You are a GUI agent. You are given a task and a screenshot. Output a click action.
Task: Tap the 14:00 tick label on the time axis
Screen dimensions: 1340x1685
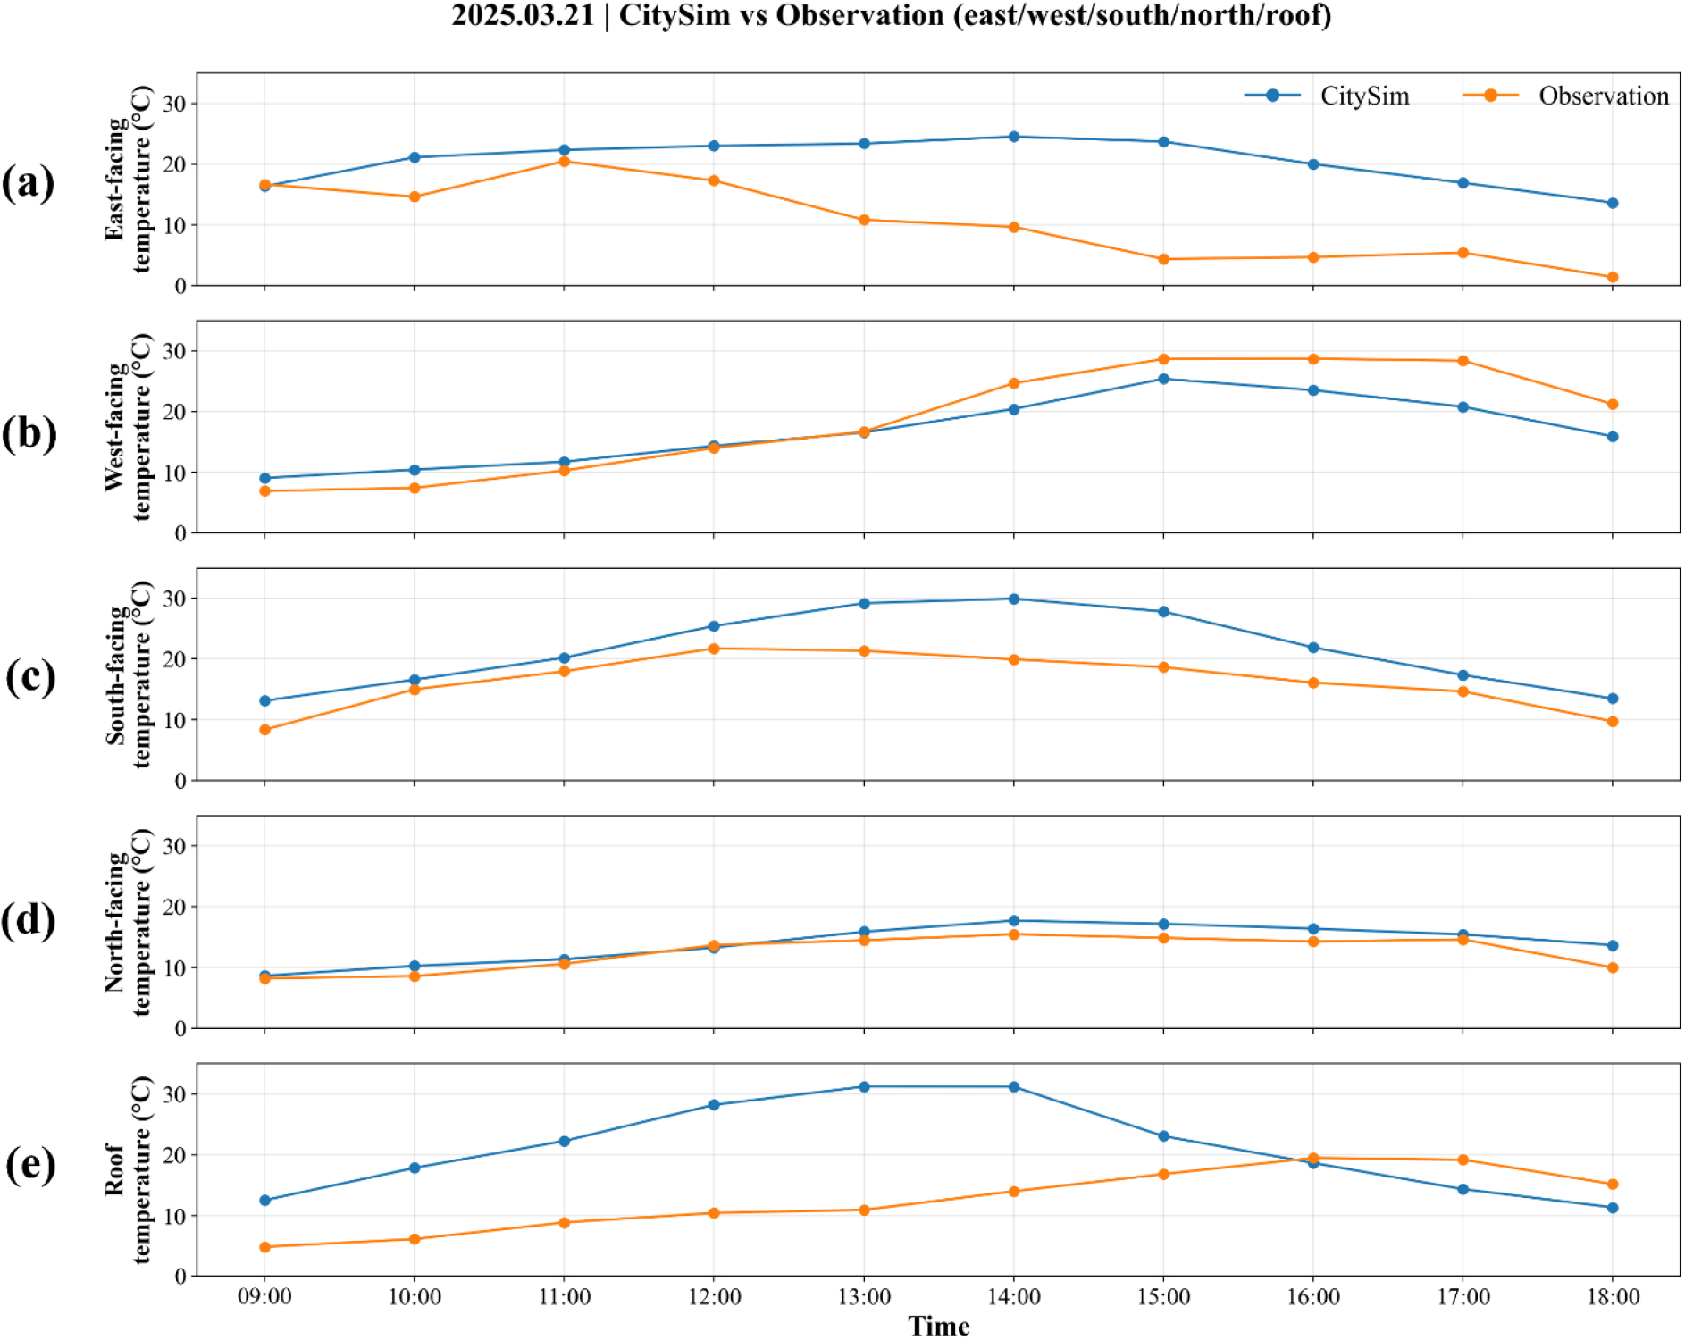coord(1013,1296)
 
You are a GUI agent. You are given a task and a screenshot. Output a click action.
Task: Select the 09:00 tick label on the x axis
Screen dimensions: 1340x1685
coord(264,1296)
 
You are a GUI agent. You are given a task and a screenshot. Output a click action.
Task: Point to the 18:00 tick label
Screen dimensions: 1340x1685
coord(1613,1296)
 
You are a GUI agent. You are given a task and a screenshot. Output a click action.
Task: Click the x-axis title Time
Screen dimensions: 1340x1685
coord(938,1326)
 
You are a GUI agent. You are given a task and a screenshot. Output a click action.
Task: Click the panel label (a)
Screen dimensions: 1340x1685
coord(28,182)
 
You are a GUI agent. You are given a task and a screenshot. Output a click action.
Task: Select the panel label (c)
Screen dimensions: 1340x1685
coord(30,676)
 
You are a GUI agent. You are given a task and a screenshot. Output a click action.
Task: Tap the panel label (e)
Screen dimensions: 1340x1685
coord(30,1165)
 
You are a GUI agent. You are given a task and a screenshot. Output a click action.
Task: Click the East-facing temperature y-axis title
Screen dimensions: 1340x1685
coord(128,179)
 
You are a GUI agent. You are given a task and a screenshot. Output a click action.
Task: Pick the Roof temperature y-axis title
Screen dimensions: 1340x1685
coord(128,1169)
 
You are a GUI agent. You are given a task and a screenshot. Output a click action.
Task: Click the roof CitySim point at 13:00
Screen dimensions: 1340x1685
coord(864,1087)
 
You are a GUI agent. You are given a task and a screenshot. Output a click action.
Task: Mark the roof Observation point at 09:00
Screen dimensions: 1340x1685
coord(265,1247)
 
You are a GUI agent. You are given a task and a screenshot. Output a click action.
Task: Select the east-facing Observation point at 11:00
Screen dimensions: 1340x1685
coord(565,162)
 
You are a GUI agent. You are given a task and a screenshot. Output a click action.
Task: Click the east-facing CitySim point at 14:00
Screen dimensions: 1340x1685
coord(1014,137)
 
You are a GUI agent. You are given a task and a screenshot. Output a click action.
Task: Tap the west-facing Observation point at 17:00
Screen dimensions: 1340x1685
coord(1463,361)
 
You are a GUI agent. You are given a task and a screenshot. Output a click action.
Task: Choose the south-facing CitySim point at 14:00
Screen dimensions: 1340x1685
coord(1014,599)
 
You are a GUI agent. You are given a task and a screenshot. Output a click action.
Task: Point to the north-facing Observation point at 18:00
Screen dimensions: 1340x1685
coord(1613,967)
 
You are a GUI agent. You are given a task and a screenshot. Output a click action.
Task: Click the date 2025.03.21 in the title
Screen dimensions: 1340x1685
coord(523,15)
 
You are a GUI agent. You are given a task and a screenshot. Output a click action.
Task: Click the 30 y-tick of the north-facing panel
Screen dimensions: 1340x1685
coord(174,846)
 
